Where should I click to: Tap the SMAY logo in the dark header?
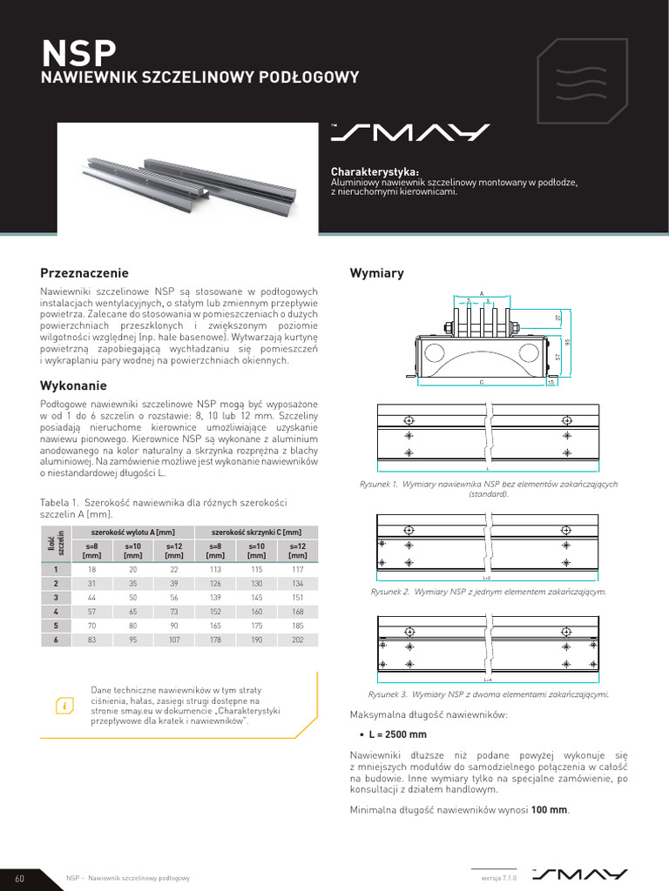pos(409,132)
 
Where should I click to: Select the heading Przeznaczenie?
pos(84,272)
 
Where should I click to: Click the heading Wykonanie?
pos(73,385)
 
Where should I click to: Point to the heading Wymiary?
pos(376,273)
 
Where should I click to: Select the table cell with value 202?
pos(297,640)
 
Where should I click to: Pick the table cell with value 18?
pos(91,569)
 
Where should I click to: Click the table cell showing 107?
pos(173,640)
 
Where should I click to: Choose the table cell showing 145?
pos(256,597)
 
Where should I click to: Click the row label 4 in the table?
pos(56,612)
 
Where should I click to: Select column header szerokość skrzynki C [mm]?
pos(256,533)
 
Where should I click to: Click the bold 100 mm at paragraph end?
pos(550,810)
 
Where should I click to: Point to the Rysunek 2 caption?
pos(488,592)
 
